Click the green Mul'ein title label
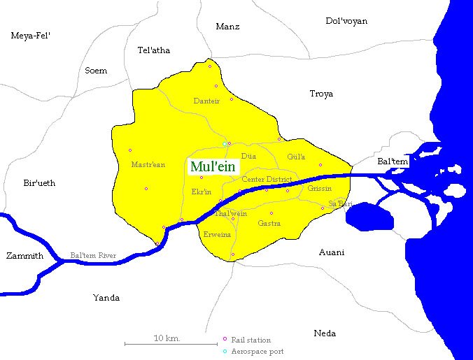213,167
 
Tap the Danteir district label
206,101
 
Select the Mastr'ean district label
148,165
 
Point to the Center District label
266,180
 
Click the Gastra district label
269,224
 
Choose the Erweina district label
217,235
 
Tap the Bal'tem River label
93,256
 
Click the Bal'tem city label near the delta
392,161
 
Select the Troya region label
321,94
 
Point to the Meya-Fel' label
31,35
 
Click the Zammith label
24,256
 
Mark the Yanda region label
106,298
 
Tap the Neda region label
325,333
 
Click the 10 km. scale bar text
167,338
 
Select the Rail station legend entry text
250,340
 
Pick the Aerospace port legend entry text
257,352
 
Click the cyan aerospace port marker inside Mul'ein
225,144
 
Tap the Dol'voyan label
346,21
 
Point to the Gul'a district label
296,157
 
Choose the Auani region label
331,252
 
